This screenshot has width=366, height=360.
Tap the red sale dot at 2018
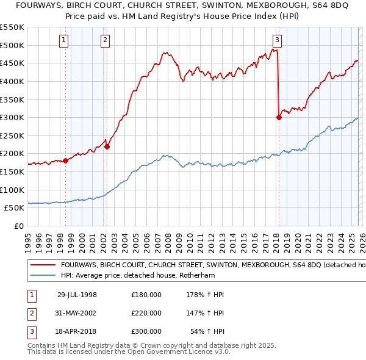[x=279, y=117]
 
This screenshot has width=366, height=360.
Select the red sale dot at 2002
[x=107, y=146]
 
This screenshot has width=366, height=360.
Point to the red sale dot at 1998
[x=66, y=160]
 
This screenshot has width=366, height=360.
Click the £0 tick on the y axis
[x=18, y=226]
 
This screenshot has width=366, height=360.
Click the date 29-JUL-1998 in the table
[x=77, y=295]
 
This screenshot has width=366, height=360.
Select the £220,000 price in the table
[x=146, y=313]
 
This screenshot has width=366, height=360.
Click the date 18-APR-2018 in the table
[x=77, y=331]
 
